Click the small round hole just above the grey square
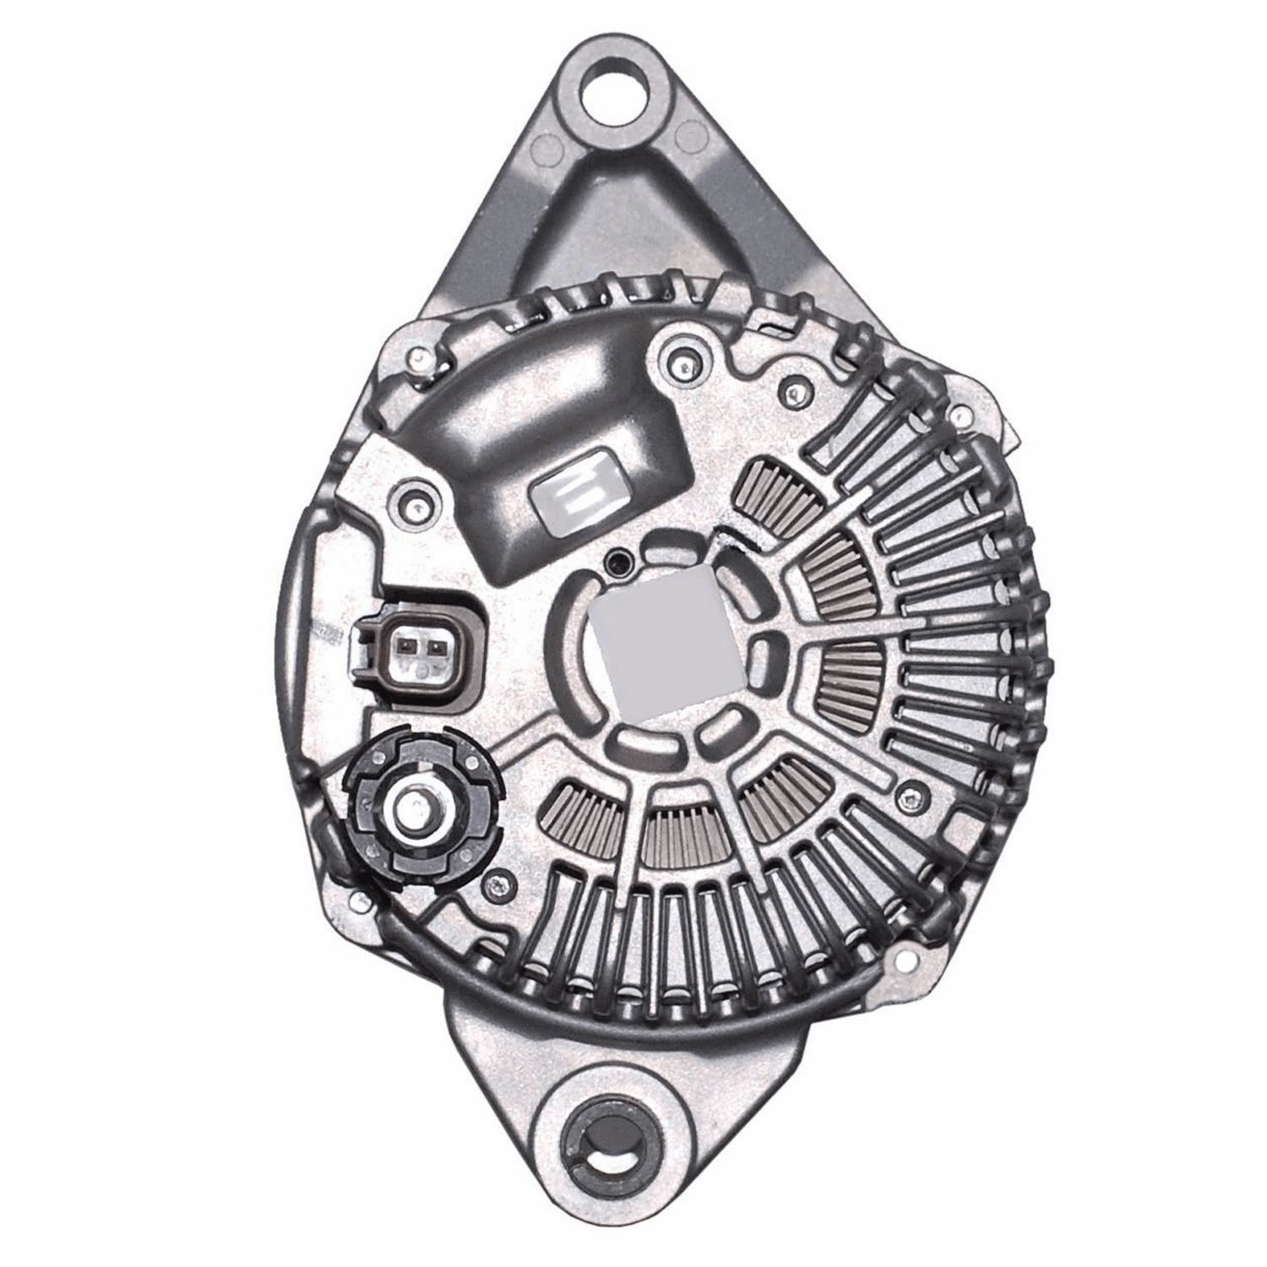coord(622,558)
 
